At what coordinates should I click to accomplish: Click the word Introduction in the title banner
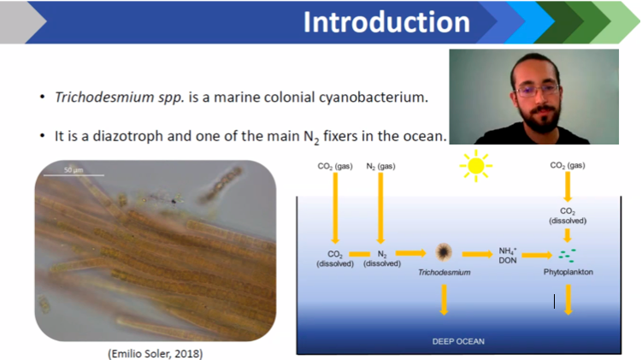(386, 21)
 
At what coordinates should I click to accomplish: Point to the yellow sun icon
(476, 166)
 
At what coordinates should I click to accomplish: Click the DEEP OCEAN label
(458, 341)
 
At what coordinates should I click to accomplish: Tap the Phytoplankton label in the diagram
(568, 272)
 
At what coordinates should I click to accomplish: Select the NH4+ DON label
(508, 256)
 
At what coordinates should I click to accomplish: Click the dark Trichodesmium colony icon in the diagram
(444, 252)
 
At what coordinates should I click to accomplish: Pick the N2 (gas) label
(380, 166)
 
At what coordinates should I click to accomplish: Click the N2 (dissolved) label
(382, 259)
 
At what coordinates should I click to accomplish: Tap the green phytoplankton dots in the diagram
(567, 256)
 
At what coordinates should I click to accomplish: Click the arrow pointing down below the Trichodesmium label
(444, 300)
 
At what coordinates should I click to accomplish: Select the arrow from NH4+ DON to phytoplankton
(537, 256)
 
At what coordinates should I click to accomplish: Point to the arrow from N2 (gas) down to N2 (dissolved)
(380, 209)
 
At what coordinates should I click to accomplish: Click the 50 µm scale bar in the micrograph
(74, 175)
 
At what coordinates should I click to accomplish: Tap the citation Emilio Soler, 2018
(156, 353)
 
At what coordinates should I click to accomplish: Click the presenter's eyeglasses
(538, 91)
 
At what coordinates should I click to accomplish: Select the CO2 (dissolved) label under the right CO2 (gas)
(568, 215)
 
